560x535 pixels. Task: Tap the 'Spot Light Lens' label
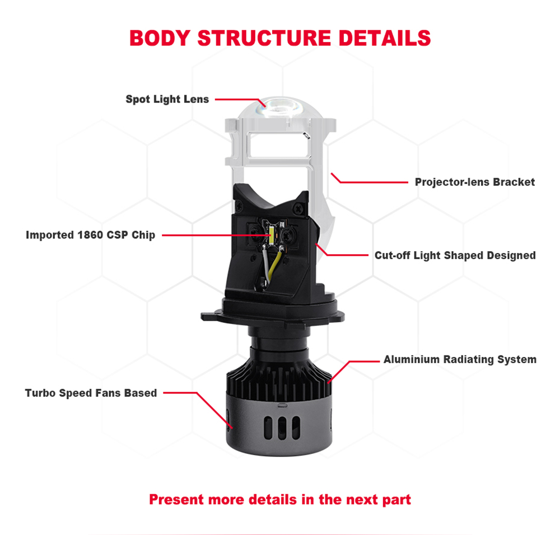tap(167, 100)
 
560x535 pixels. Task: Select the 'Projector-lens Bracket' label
tap(474, 182)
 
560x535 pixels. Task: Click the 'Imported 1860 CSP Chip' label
tap(90, 235)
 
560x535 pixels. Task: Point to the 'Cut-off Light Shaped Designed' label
tap(455, 255)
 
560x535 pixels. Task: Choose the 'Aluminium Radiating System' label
tap(460, 359)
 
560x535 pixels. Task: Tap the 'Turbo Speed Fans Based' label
tap(91, 393)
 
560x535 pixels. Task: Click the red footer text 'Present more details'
tap(280, 499)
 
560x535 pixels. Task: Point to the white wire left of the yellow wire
tap(263, 263)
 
